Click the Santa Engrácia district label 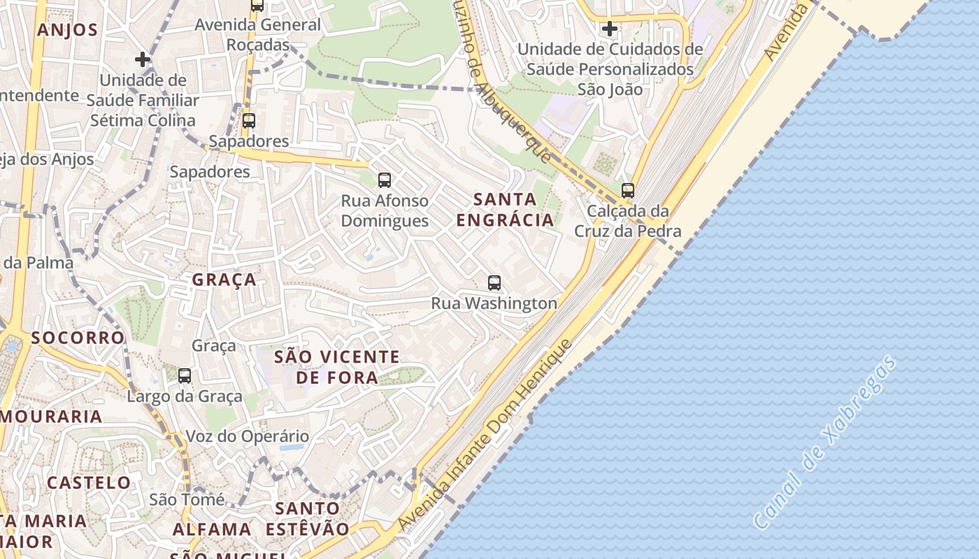[x=505, y=210]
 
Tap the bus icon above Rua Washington [x=494, y=283]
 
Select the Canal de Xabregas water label [x=825, y=442]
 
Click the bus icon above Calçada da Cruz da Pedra [x=628, y=190]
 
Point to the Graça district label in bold [x=224, y=280]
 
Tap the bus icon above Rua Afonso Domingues [x=385, y=180]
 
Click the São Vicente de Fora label [x=336, y=368]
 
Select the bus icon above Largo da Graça [x=185, y=376]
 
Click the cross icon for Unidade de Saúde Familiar [x=143, y=59]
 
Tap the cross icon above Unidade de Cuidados [x=610, y=29]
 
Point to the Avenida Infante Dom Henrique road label [x=485, y=435]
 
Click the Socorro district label [x=78, y=337]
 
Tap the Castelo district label [x=89, y=483]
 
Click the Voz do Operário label [x=247, y=437]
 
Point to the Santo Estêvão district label [x=308, y=518]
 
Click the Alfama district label [x=212, y=529]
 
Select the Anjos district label [x=67, y=30]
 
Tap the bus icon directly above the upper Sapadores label [x=248, y=120]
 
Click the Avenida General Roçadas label [x=258, y=34]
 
